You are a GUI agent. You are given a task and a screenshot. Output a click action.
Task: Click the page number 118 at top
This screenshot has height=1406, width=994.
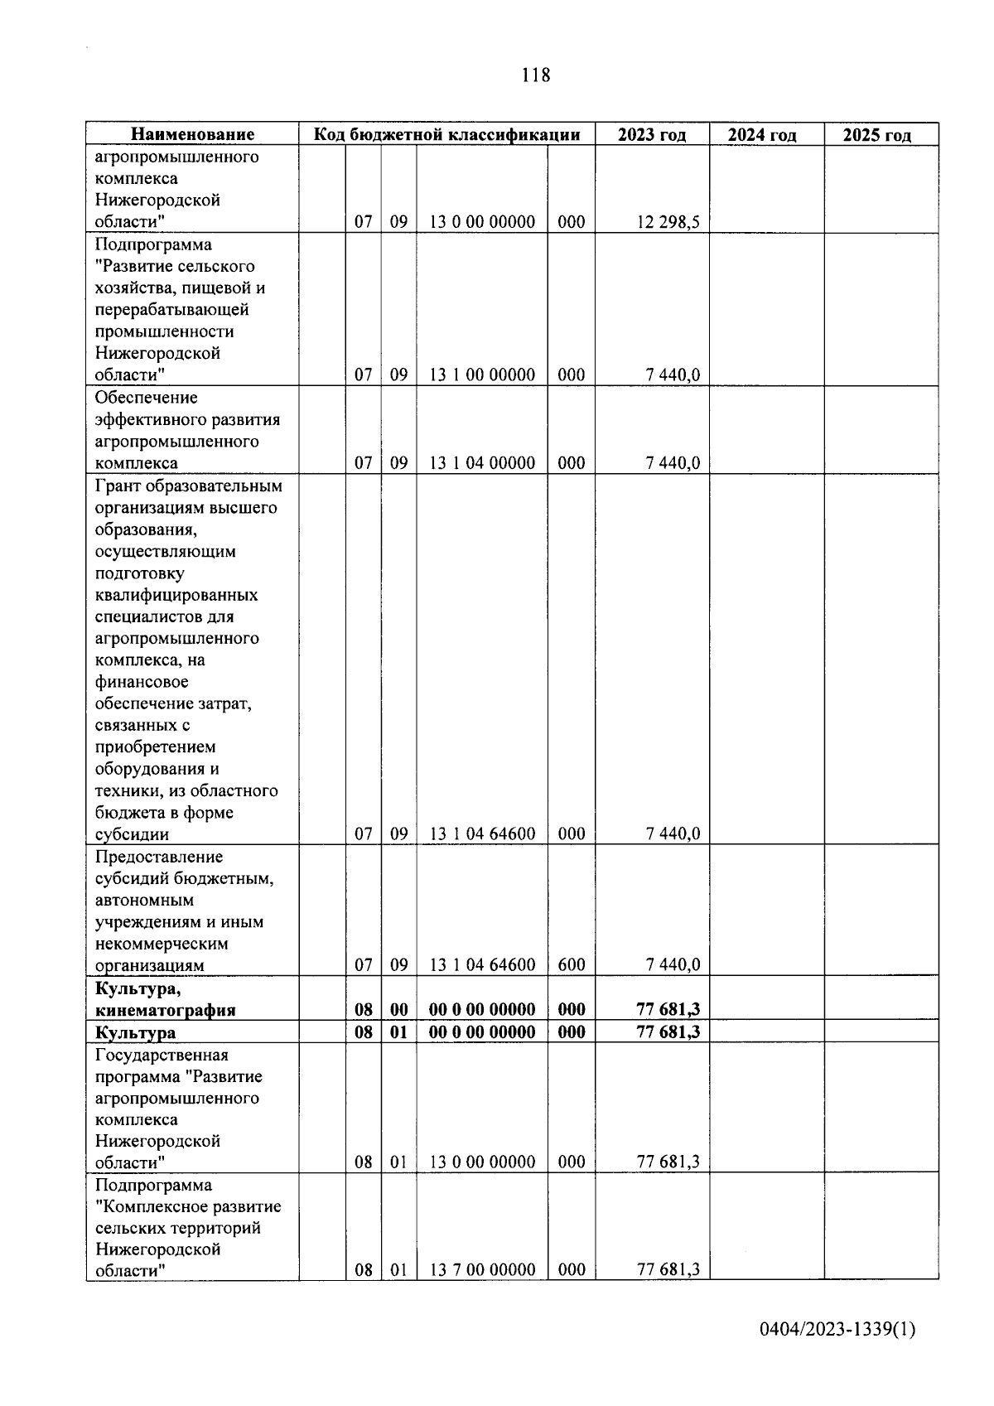536,75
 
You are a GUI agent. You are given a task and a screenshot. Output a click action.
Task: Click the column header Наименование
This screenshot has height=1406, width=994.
192,134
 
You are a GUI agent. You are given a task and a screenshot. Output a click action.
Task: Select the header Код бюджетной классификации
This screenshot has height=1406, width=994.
446,134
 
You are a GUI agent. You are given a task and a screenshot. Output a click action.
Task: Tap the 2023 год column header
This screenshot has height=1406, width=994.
652,134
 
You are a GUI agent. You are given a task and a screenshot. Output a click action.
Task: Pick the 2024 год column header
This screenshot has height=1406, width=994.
762,135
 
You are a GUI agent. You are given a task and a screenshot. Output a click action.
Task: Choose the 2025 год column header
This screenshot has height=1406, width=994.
877,135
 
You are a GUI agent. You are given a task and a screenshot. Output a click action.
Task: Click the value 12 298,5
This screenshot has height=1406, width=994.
668,222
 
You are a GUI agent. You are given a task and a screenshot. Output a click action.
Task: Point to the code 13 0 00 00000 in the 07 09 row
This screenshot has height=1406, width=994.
482,222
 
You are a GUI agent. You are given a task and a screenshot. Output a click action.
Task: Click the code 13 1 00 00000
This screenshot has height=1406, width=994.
482,374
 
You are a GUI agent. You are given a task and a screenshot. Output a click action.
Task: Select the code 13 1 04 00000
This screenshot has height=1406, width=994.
482,462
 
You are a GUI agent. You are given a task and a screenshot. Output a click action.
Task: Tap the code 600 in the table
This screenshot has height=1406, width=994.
572,964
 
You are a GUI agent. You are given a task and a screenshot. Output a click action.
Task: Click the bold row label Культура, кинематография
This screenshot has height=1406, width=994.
165,999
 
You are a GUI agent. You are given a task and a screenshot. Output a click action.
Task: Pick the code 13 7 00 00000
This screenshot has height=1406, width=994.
482,1269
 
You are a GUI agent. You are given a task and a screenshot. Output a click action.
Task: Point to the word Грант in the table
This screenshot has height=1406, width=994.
118,486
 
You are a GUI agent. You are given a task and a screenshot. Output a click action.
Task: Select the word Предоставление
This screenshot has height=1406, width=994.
159,857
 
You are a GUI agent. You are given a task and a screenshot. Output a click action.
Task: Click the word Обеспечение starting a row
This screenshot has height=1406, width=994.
146,398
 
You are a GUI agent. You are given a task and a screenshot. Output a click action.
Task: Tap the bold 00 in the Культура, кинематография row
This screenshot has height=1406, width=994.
398,1009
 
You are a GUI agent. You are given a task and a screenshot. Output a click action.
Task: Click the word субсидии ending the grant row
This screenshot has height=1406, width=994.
132,834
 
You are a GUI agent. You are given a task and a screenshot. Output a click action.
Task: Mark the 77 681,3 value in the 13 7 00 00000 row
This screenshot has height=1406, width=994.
668,1269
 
